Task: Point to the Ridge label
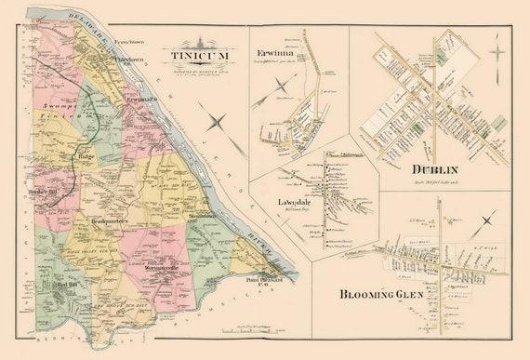87,157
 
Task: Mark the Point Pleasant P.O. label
264,281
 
